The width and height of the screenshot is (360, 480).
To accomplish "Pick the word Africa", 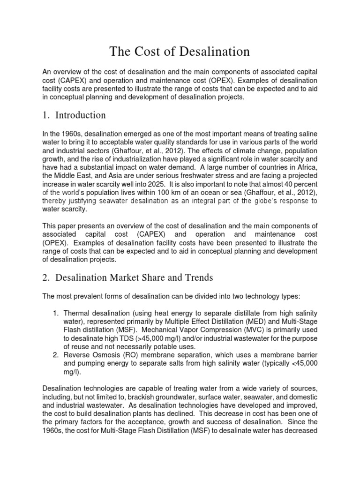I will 306,167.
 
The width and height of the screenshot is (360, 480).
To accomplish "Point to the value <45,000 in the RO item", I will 301,364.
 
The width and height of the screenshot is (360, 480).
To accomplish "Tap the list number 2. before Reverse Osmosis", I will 58,356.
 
